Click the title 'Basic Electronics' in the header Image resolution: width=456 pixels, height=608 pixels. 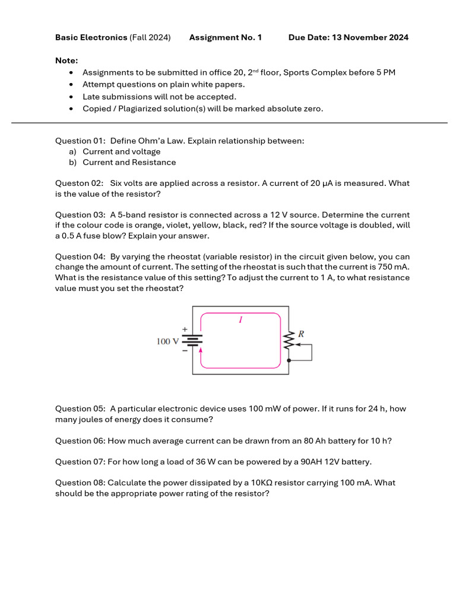[x=91, y=37]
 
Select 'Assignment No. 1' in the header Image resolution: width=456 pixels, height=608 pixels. [x=225, y=37]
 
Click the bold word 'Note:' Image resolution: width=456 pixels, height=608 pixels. [x=66, y=60]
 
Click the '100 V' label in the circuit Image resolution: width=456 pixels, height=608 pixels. [x=167, y=341]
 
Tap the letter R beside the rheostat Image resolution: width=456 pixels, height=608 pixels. [x=301, y=334]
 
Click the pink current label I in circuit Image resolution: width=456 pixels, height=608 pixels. [x=240, y=319]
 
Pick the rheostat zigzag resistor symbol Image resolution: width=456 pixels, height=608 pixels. [x=289, y=341]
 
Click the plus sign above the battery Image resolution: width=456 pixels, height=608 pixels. [x=184, y=329]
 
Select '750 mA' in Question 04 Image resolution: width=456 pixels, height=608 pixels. [x=392, y=267]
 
